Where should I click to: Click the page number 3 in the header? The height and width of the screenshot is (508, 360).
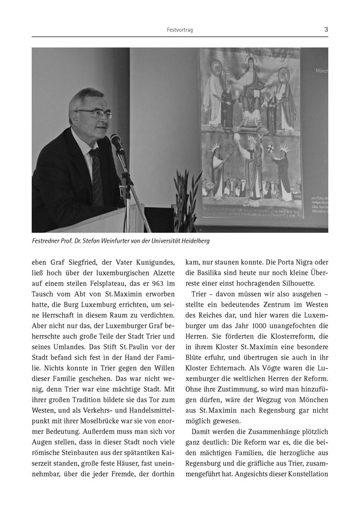point(326,30)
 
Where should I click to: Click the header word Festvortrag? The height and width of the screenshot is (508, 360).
point(180,30)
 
